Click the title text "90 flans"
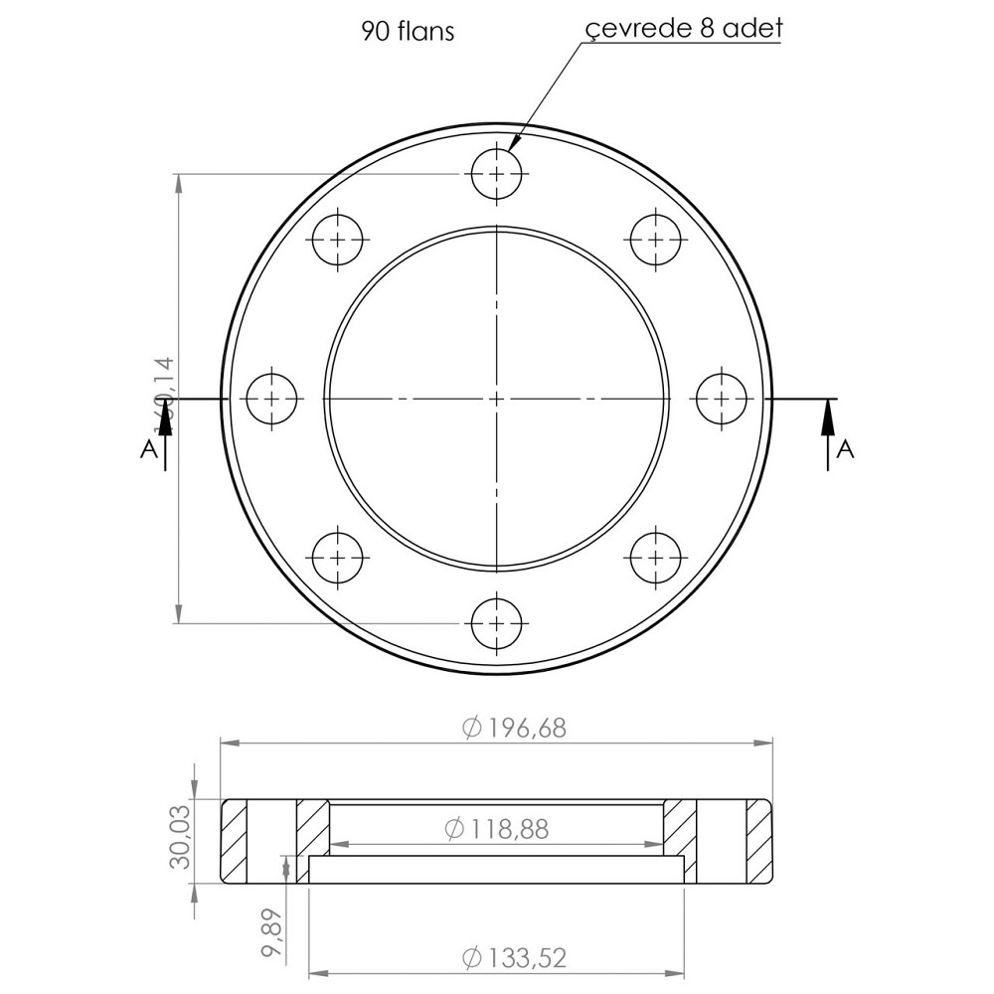tap(408, 32)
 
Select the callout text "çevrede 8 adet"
tap(684, 28)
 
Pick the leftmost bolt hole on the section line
tap(271, 399)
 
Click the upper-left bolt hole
tap(338, 240)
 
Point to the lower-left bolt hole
tap(338, 558)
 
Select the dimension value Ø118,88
tap(496, 828)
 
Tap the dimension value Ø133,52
tap(514, 958)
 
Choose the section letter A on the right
tap(846, 449)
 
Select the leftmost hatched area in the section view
tap(235, 842)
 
